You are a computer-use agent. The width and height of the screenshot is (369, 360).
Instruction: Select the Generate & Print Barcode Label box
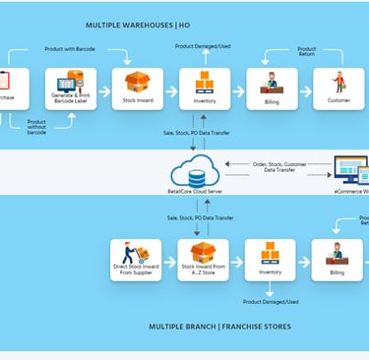pos(69,89)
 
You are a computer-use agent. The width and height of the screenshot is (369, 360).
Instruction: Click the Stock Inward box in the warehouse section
pos(137,89)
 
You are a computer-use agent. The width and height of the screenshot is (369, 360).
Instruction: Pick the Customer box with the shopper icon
pos(338,89)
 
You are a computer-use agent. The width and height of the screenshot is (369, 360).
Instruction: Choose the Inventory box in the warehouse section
pos(205,89)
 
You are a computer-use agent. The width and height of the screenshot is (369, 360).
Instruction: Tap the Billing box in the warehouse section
pos(272,89)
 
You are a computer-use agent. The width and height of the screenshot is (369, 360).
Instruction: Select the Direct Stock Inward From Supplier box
pos(136,260)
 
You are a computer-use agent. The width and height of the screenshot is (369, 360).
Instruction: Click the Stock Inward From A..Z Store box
pos(204,260)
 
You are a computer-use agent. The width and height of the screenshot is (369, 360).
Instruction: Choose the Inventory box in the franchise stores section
pos(270,260)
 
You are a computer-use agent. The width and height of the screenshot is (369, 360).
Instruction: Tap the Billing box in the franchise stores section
pos(338,260)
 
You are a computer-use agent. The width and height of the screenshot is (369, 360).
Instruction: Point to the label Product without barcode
pos(34,126)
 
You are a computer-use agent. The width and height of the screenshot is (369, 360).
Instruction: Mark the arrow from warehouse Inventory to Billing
pos(238,90)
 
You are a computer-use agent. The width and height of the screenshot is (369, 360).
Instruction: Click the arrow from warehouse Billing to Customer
pos(305,90)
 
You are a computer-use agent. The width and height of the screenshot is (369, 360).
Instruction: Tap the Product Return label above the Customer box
pos(307,51)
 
